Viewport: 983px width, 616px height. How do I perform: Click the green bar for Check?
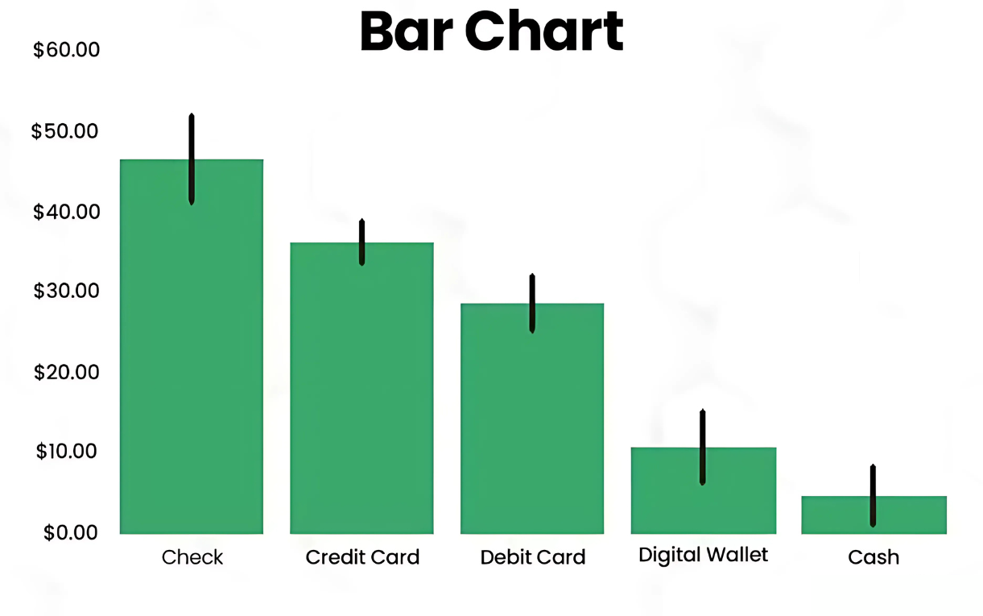[192, 347]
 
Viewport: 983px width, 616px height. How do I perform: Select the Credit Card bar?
[362, 388]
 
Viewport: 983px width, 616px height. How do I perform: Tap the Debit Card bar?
[532, 419]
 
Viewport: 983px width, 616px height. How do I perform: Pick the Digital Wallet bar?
[704, 490]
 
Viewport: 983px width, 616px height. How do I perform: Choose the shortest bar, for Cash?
[874, 515]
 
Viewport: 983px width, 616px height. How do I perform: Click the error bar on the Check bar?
[192, 159]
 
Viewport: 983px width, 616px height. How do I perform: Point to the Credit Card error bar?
[362, 242]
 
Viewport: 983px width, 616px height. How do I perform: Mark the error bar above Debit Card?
[532, 303]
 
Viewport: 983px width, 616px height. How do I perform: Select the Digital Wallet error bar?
[703, 447]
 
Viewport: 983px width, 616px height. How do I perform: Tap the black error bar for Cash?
[873, 495]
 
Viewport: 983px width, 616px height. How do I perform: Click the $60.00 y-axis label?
[66, 50]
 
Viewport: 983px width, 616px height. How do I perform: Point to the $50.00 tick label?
[64, 131]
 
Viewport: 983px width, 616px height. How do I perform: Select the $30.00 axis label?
[66, 291]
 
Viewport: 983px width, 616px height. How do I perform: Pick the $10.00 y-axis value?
[66, 452]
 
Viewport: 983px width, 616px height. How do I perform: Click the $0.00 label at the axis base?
[70, 532]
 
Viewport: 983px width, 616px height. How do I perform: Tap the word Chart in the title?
[544, 31]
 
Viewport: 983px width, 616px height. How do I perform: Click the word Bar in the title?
[407, 31]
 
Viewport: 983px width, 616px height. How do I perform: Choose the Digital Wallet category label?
[703, 556]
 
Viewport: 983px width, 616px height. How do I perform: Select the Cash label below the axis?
[874, 557]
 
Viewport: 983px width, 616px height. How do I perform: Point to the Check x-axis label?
[192, 557]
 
